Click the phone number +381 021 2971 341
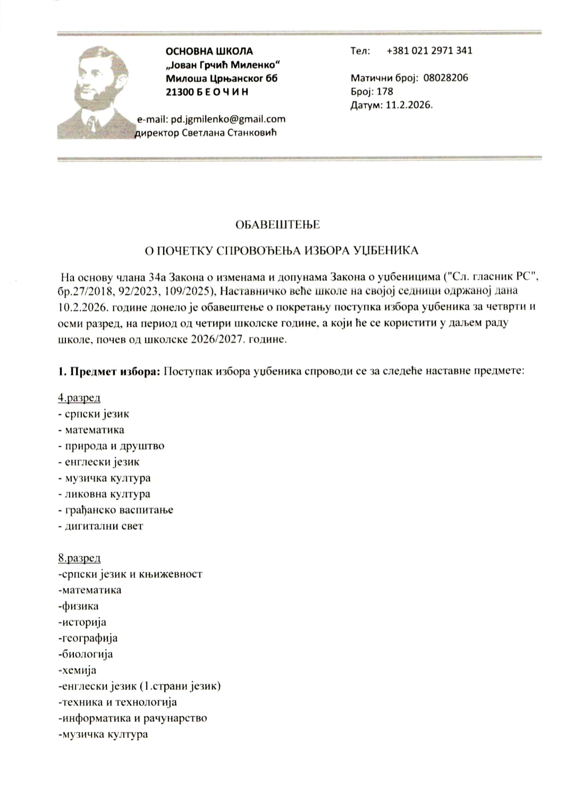click(429, 50)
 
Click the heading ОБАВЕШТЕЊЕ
click(277, 224)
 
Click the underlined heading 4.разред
click(79, 397)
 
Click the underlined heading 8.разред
click(79, 558)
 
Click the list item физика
click(79, 606)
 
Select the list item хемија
click(78, 670)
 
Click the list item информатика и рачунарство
click(133, 718)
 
